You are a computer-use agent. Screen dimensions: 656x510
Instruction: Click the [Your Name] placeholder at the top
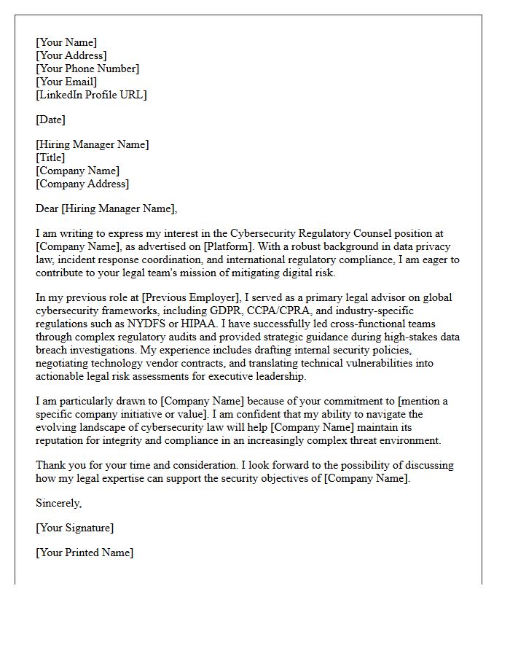(x=66, y=42)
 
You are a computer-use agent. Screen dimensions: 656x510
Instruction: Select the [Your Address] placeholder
(x=71, y=55)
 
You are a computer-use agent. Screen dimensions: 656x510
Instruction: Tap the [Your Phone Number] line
(x=87, y=69)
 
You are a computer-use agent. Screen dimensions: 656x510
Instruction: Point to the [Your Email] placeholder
(x=66, y=82)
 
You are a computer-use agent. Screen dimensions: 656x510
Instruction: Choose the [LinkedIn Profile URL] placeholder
(x=91, y=95)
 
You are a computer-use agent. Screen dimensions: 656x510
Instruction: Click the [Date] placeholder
(x=50, y=120)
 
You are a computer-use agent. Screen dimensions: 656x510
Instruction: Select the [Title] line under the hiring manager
(x=50, y=157)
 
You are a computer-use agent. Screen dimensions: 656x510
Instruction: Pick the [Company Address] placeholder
(x=82, y=184)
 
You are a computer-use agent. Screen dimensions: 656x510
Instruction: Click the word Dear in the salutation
(x=47, y=208)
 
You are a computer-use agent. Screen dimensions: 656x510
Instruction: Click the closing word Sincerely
(x=59, y=503)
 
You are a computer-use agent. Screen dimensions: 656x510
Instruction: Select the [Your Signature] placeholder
(x=74, y=528)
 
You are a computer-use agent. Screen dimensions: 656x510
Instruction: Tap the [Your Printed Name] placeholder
(x=85, y=552)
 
